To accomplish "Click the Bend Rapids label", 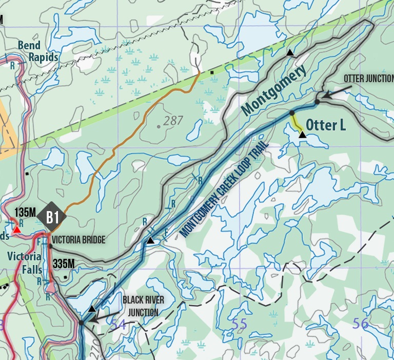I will point(38,51).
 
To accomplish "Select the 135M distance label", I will point(26,212).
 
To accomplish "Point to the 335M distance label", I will point(64,264).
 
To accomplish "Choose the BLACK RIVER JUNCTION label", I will point(140,305).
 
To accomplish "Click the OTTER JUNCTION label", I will point(368,79).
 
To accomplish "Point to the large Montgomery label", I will point(273,89).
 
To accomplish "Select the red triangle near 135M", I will point(17,230).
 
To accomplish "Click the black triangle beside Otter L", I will point(302,135).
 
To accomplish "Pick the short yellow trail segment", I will point(295,122).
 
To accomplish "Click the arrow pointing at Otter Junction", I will point(333,93).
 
